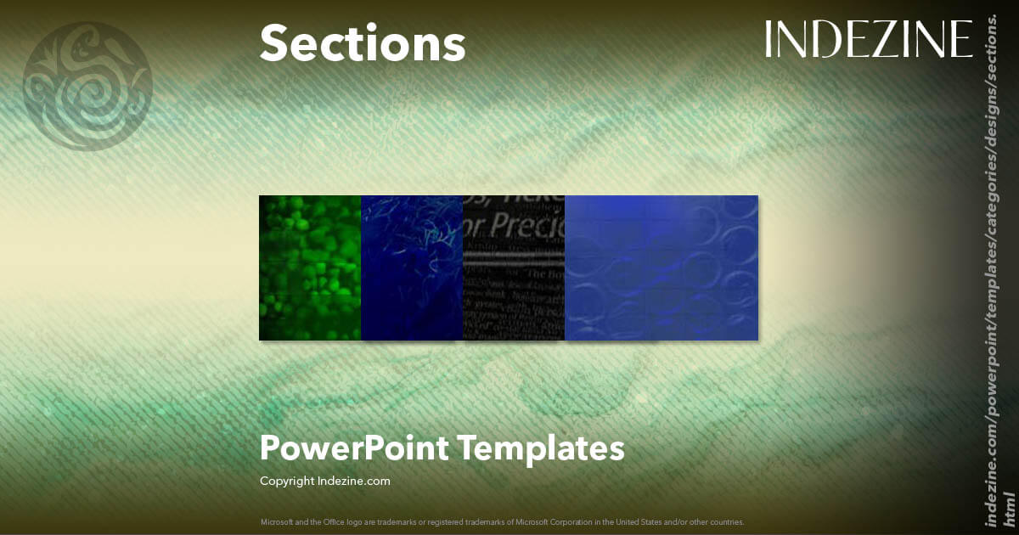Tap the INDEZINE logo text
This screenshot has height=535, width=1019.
[868, 40]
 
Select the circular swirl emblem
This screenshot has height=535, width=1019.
[87, 87]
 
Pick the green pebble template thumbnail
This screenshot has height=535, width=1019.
[310, 267]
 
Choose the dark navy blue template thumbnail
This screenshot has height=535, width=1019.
[412, 267]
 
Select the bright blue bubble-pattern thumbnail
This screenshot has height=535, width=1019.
[662, 267]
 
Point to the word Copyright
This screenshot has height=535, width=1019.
[287, 481]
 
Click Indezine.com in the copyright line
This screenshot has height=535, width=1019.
[354, 481]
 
